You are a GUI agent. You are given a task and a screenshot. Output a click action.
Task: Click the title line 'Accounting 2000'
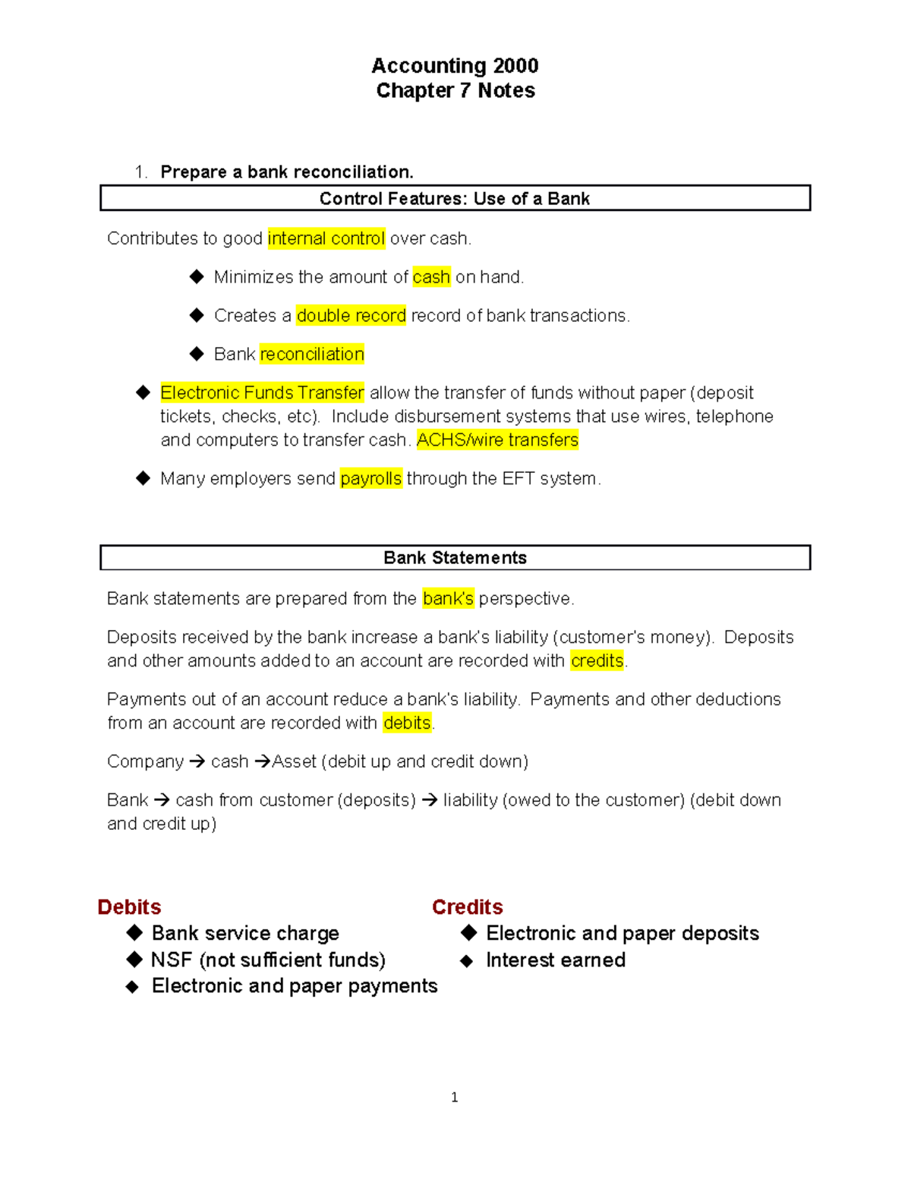pyautogui.click(x=455, y=66)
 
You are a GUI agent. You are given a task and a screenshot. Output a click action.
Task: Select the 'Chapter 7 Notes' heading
pyautogui.click(x=455, y=91)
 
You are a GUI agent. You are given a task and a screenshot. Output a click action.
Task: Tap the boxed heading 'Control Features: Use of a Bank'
pyautogui.click(x=454, y=199)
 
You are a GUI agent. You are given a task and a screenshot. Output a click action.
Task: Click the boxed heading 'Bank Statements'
pyautogui.click(x=454, y=558)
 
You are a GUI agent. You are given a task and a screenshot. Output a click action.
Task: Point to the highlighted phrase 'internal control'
pyautogui.click(x=326, y=238)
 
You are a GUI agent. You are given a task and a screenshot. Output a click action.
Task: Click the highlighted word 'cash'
pyautogui.click(x=431, y=277)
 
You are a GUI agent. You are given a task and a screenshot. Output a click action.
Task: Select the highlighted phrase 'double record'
pyautogui.click(x=351, y=316)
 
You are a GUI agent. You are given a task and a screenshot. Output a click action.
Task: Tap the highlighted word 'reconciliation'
pyautogui.click(x=312, y=355)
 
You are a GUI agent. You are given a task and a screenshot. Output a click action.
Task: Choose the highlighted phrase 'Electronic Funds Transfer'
pyautogui.click(x=262, y=393)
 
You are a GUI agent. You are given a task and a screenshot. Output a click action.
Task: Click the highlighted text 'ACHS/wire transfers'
pyautogui.click(x=497, y=440)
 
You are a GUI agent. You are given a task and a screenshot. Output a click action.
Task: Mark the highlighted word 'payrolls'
pyautogui.click(x=370, y=479)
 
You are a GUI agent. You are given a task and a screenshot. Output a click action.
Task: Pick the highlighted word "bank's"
pyautogui.click(x=448, y=599)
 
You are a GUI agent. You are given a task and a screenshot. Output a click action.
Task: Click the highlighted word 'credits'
pyautogui.click(x=597, y=661)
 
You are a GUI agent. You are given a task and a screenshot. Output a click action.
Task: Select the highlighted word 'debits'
pyautogui.click(x=407, y=723)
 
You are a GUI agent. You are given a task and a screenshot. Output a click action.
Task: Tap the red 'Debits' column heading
pyautogui.click(x=129, y=907)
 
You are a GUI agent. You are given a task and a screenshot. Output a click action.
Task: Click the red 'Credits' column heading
pyautogui.click(x=467, y=907)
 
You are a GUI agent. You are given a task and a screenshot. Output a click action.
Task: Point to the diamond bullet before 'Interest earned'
pyautogui.click(x=467, y=961)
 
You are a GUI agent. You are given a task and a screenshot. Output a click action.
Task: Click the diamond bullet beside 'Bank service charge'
pyautogui.click(x=134, y=933)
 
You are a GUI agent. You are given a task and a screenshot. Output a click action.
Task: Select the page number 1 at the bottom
pyautogui.click(x=454, y=1098)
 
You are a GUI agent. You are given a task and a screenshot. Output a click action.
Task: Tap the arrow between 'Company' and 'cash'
pyautogui.click(x=197, y=762)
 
